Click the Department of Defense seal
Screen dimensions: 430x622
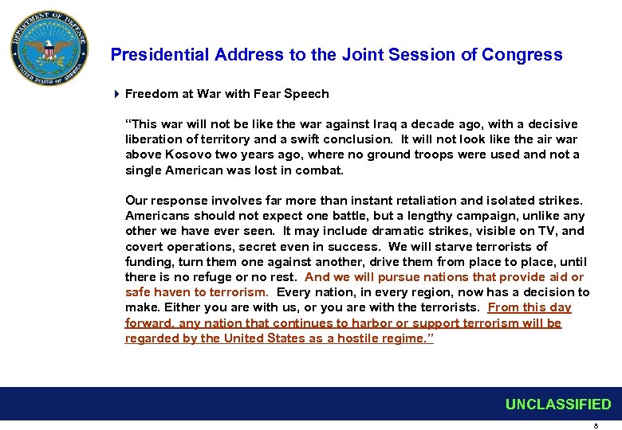click(49, 49)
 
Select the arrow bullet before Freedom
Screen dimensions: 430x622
click(116, 94)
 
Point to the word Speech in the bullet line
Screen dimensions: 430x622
click(307, 94)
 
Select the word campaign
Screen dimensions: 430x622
click(486, 216)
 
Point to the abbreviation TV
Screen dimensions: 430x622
click(547, 231)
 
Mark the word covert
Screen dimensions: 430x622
click(144, 246)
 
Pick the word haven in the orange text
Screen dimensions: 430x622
click(171, 292)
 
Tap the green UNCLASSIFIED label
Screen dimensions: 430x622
click(557, 405)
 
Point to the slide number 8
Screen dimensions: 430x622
click(596, 424)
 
